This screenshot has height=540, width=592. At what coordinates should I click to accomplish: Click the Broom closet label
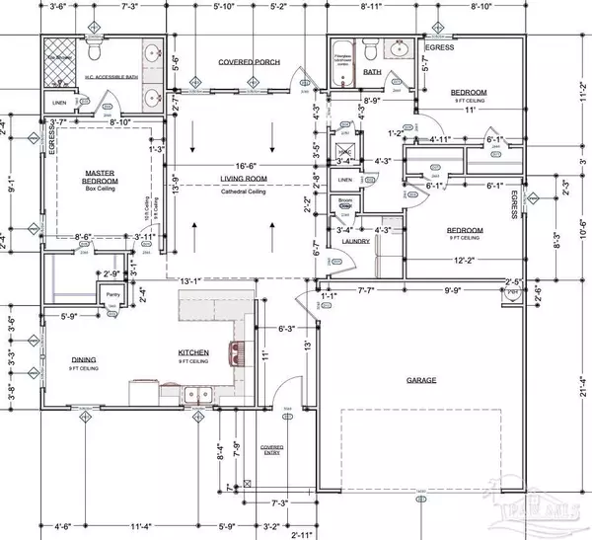[x=345, y=203]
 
